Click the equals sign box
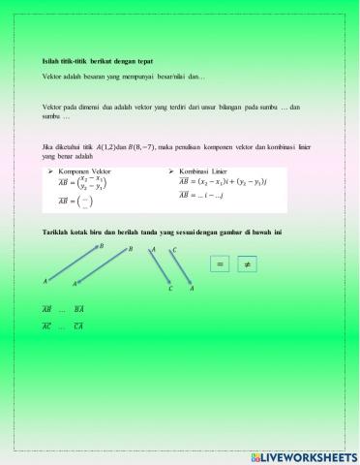[x=220, y=264]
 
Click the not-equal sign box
[x=246, y=264]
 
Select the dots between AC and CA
[x=64, y=327]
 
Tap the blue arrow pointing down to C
[x=161, y=268]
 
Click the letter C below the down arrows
[x=169, y=289]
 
